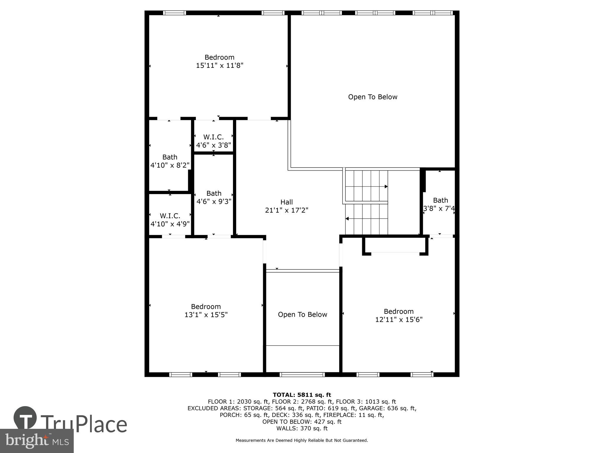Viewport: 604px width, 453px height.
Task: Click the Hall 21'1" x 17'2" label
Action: (x=286, y=206)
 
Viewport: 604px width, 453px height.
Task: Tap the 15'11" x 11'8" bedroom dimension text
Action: (x=219, y=65)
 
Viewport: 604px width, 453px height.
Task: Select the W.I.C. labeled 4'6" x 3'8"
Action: (x=214, y=141)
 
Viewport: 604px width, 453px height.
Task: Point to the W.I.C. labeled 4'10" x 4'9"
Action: (x=170, y=220)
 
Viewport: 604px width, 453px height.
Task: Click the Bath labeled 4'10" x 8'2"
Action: (x=170, y=161)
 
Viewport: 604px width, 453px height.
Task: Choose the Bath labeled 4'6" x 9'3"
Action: (x=214, y=197)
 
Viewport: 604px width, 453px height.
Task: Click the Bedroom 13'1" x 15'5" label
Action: (x=206, y=311)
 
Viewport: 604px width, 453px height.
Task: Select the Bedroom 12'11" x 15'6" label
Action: (x=399, y=316)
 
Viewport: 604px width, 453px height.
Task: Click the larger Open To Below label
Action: (x=372, y=97)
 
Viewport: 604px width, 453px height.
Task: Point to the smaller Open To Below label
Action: (x=302, y=315)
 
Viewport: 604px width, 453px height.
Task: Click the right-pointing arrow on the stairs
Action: (x=386, y=186)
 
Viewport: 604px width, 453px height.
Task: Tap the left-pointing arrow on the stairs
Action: (x=347, y=219)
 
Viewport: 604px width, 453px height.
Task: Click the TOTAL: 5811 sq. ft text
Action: (x=302, y=395)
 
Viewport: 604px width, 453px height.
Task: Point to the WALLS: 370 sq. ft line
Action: (x=302, y=428)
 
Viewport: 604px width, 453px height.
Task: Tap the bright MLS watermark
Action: (x=37, y=441)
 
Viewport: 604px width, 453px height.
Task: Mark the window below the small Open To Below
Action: (x=302, y=375)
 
